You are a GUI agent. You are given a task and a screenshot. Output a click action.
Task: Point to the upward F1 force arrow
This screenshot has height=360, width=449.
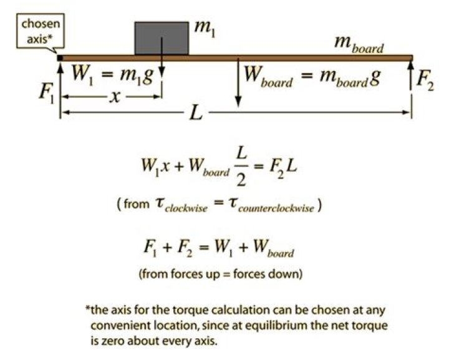pyautogui.click(x=60, y=87)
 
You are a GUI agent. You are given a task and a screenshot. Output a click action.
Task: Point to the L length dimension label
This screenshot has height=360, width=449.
pyautogui.click(x=197, y=113)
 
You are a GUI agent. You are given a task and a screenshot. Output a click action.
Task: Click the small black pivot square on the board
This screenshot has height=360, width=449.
pyautogui.click(x=60, y=58)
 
